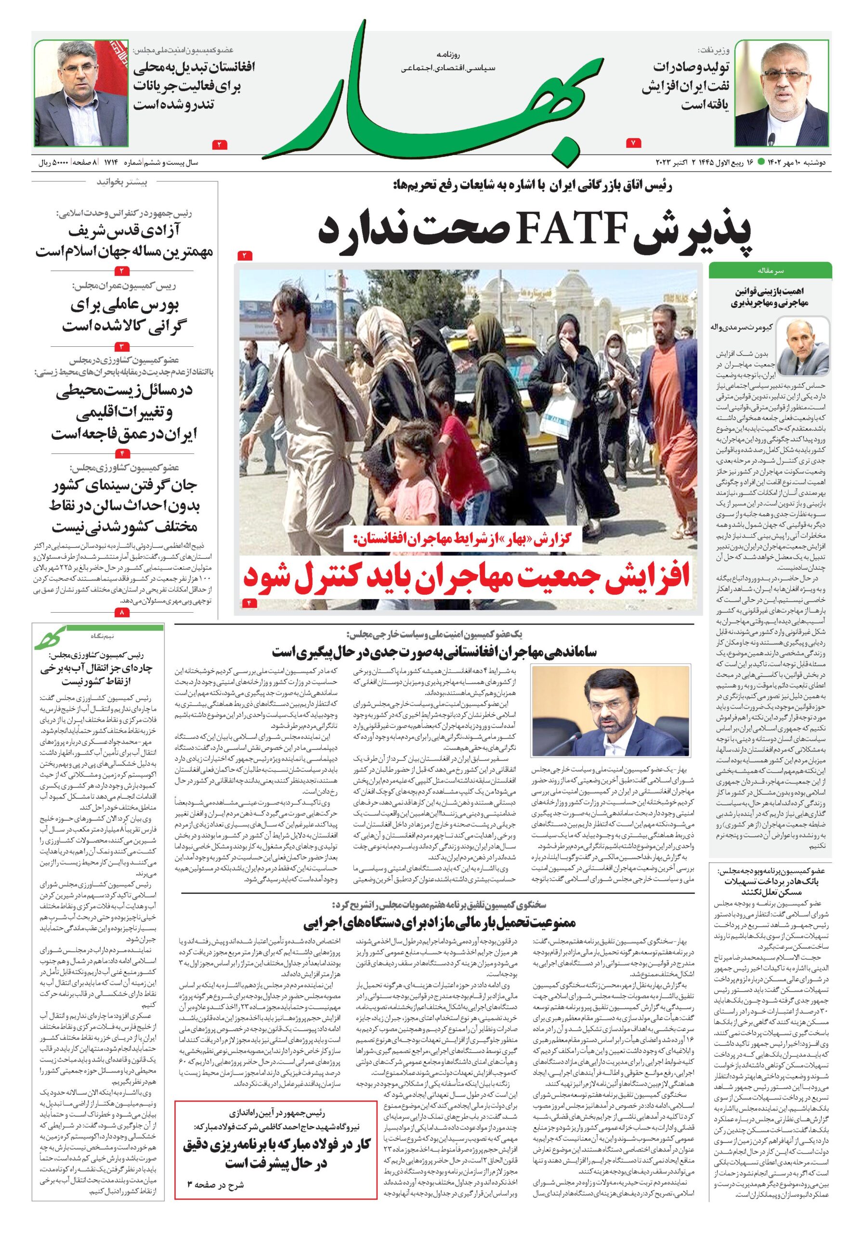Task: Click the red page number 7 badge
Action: click(x=633, y=143)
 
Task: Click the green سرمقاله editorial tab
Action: click(x=770, y=271)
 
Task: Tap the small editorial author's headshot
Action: click(x=803, y=347)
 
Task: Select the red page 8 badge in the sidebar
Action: click(x=122, y=612)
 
